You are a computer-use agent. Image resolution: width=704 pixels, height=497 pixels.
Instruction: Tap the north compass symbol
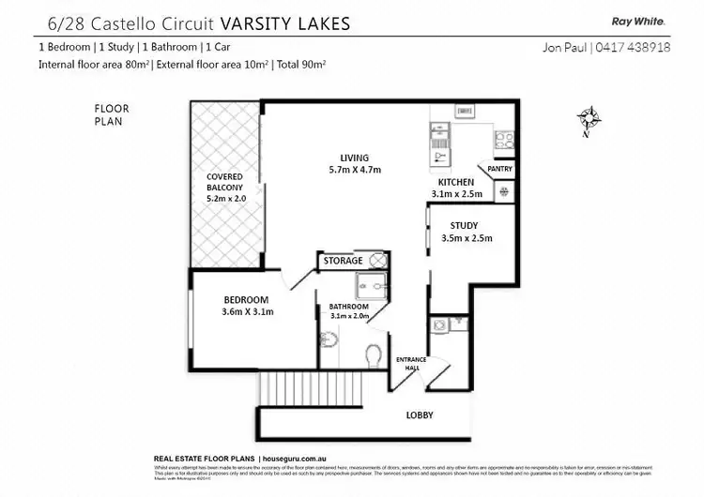pyautogui.click(x=589, y=118)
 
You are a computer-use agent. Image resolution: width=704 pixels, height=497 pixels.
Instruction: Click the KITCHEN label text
pyautogui.click(x=455, y=182)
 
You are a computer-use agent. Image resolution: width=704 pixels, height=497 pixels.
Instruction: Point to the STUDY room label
pyautogui.click(x=464, y=225)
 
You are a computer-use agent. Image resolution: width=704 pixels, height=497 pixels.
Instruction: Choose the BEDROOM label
pyautogui.click(x=246, y=299)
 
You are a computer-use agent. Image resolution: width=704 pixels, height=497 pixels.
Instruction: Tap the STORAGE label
pyautogui.click(x=343, y=261)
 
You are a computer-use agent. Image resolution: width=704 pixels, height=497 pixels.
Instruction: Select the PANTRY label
pyautogui.click(x=499, y=169)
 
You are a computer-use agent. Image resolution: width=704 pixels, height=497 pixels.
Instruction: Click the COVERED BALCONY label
pyautogui.click(x=224, y=183)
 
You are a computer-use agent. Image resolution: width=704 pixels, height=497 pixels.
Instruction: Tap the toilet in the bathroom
pyautogui.click(x=374, y=354)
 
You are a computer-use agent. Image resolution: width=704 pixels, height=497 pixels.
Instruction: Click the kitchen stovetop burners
pyautogui.click(x=502, y=141)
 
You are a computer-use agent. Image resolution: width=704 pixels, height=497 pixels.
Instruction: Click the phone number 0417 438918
pyautogui.click(x=636, y=47)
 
